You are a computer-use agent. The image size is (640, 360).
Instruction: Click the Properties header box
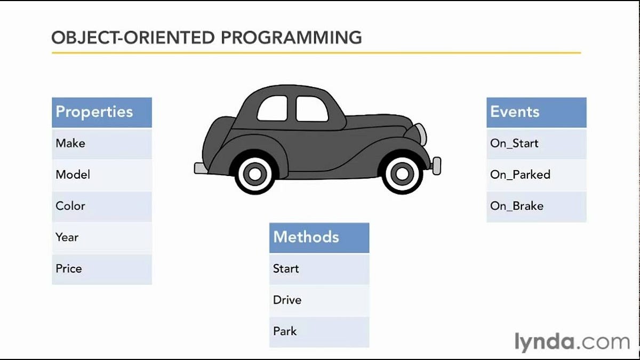(101, 112)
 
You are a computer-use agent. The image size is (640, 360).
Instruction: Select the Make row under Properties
(101, 143)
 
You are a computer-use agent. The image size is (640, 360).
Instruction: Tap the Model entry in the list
(101, 175)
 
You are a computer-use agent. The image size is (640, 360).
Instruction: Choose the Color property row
(101, 206)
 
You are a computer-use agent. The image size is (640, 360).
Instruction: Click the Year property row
(101, 237)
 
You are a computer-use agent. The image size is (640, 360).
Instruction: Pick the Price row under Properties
(101, 269)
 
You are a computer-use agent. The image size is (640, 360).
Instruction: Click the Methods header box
(319, 237)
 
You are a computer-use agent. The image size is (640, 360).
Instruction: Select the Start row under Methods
(319, 269)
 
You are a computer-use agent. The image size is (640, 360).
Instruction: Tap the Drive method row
(319, 300)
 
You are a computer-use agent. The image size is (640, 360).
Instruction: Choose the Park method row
(319, 331)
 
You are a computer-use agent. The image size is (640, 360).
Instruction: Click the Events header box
(536, 112)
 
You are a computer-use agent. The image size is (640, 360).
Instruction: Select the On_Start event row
(536, 143)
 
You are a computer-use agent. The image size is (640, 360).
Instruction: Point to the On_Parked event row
(536, 175)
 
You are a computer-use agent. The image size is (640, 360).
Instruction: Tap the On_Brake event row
(536, 206)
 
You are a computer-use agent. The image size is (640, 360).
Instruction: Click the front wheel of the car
(401, 173)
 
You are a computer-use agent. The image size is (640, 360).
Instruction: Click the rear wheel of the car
(255, 174)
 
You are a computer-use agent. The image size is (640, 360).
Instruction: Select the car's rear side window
(273, 109)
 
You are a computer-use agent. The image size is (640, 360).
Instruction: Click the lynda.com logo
(572, 342)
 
